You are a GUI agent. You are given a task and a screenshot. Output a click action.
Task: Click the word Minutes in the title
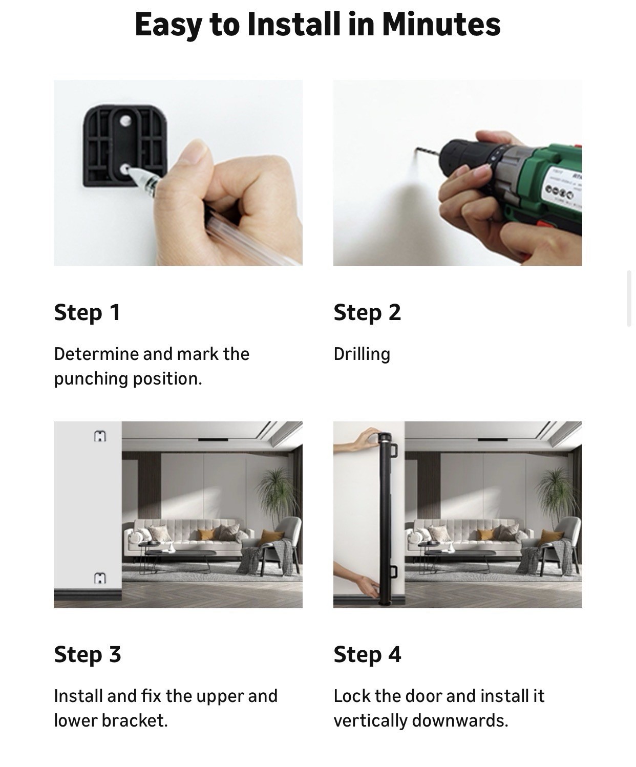441,24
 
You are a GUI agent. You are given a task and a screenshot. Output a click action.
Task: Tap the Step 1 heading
87,313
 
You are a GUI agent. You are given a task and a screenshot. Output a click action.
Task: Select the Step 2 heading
367,313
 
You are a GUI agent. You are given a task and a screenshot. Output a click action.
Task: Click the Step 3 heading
88,655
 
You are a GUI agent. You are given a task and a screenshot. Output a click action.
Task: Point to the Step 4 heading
367,655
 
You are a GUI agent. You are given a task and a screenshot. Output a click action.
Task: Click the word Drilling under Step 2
362,354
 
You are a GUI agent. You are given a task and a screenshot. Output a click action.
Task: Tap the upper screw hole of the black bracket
125,120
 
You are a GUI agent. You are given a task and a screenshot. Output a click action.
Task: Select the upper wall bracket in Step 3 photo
100,436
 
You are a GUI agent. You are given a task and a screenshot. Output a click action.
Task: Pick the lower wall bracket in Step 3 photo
100,579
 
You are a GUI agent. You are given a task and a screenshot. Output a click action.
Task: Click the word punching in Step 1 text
92,379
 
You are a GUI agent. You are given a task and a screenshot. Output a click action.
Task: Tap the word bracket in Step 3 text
135,721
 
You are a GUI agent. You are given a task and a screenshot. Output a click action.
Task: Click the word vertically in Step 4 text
370,721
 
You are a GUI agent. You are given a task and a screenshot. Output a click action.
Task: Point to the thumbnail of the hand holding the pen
178,173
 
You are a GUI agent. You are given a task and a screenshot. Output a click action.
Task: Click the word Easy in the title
168,25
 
